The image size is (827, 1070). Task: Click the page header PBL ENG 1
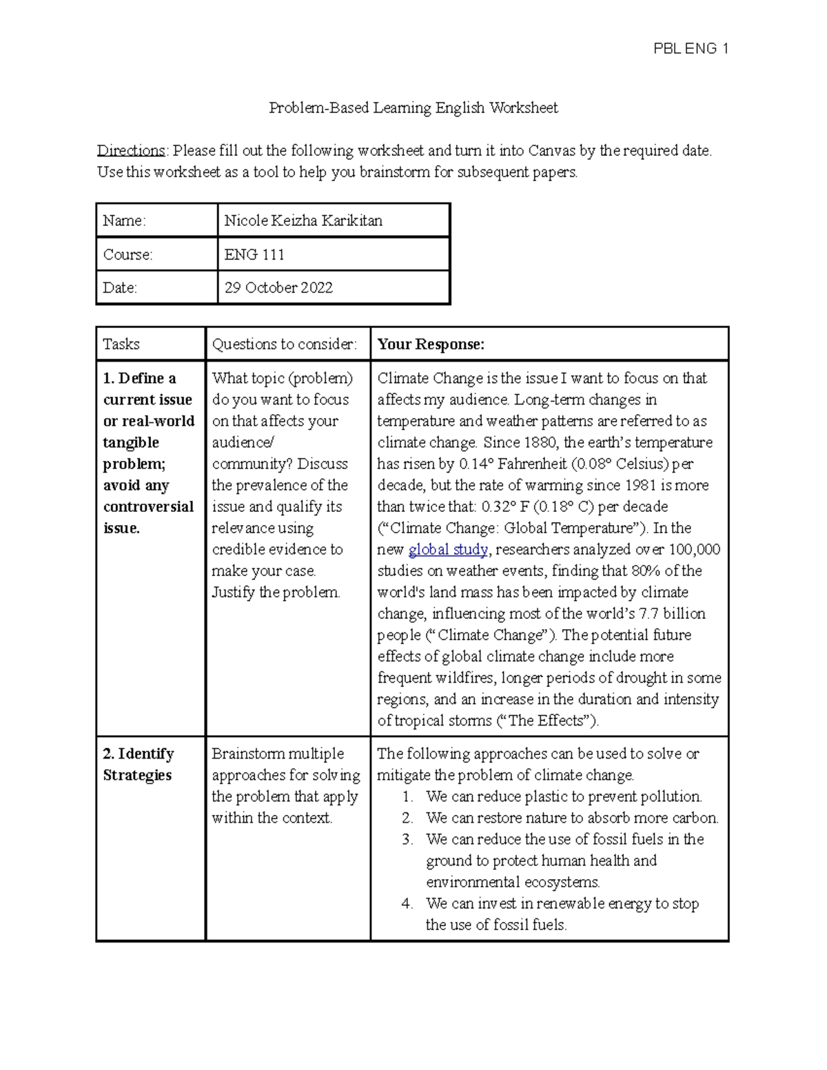click(691, 48)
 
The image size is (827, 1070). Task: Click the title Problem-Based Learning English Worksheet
click(413, 108)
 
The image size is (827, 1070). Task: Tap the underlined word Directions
click(130, 150)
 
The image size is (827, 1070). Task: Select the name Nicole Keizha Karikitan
click(303, 220)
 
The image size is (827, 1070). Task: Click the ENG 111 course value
click(254, 254)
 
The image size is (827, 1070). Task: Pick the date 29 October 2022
click(278, 288)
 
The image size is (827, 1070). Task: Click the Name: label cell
click(125, 220)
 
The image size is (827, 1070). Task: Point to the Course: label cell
click(127, 254)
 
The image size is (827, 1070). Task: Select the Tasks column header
click(121, 344)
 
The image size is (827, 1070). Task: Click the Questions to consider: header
click(284, 344)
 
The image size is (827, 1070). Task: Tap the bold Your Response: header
click(431, 344)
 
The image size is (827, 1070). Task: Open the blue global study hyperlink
click(448, 550)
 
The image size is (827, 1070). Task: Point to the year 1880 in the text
click(540, 442)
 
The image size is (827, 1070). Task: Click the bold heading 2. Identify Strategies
click(138, 764)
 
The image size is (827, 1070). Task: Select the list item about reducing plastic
click(563, 796)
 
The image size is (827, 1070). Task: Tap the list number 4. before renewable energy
click(407, 903)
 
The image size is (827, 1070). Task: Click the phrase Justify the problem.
click(276, 593)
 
